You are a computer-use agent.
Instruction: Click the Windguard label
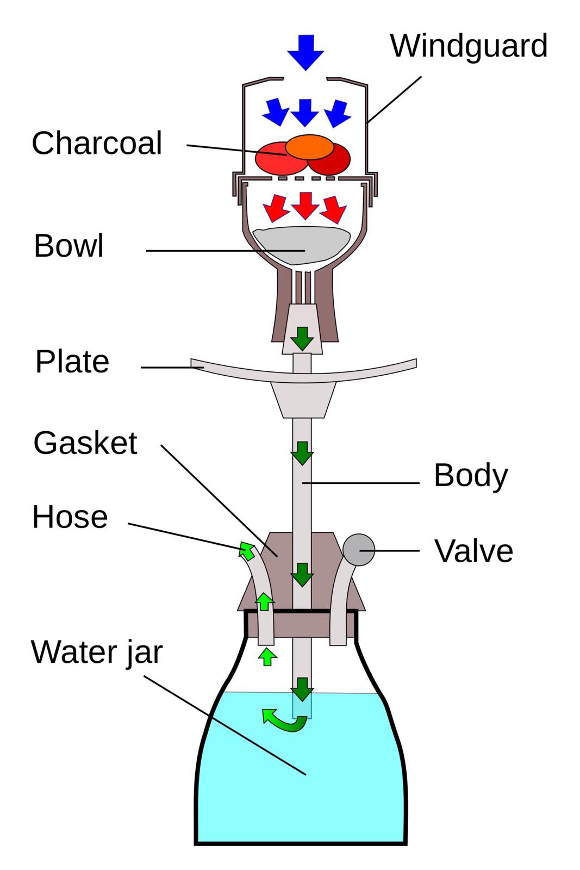(x=469, y=46)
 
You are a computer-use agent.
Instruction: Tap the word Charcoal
(x=97, y=144)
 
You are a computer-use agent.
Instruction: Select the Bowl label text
(x=68, y=246)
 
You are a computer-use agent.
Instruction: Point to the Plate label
(x=72, y=362)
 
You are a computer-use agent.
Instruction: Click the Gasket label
(x=85, y=443)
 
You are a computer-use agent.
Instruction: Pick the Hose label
(x=70, y=517)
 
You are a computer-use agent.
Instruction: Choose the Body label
(x=471, y=476)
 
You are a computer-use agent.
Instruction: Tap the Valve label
(x=473, y=551)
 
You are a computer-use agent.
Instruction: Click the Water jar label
(x=97, y=652)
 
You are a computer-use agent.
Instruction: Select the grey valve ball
(x=359, y=550)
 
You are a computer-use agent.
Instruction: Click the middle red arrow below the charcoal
(x=305, y=206)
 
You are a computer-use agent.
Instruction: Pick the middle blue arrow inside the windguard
(x=305, y=113)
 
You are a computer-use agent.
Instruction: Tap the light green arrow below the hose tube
(x=266, y=656)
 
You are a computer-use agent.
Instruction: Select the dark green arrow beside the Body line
(x=302, y=453)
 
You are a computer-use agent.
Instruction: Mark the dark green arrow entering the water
(x=302, y=689)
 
